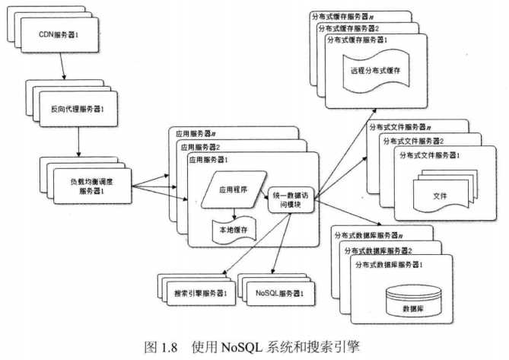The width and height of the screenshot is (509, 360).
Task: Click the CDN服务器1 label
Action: click(59, 34)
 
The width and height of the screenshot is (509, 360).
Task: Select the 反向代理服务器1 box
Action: click(78, 109)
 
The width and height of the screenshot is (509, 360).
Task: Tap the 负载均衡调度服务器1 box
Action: click(93, 186)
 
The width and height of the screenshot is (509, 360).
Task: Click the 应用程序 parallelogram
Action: click(234, 190)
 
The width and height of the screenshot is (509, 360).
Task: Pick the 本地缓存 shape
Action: click(234, 230)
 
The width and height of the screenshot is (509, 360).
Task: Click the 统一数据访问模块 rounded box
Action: click(291, 200)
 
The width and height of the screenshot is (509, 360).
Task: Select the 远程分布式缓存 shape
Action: click(376, 71)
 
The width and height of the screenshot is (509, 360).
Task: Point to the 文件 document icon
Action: click(445, 191)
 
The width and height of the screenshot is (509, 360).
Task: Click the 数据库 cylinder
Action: click(414, 301)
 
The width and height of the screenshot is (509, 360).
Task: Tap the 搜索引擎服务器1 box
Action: click(201, 294)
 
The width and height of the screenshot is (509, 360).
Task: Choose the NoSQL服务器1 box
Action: click(281, 294)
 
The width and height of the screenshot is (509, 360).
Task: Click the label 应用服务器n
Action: click(196, 133)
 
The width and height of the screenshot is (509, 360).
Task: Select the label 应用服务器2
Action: click(200, 147)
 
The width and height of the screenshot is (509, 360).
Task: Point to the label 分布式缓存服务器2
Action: click(348, 29)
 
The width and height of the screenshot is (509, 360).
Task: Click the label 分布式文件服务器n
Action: click(400, 127)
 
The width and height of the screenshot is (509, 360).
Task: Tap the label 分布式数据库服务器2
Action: click(378, 250)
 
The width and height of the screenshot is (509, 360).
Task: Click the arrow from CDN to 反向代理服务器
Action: click(62, 66)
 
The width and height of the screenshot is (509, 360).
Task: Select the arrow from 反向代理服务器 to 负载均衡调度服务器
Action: click(78, 142)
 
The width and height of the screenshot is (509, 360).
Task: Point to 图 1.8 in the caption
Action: click(161, 348)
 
